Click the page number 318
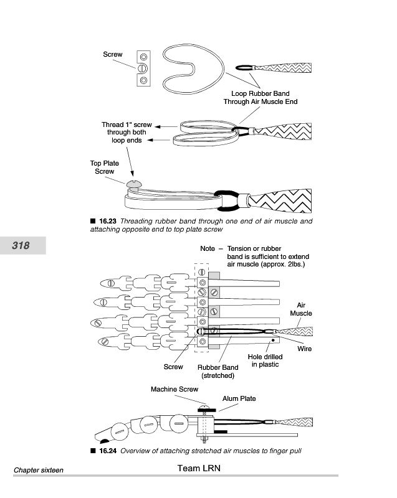click(21, 245)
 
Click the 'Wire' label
click(304, 349)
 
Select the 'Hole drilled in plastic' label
click(265, 360)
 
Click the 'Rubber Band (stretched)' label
click(218, 372)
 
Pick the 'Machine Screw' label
click(174, 390)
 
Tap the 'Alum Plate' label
click(239, 398)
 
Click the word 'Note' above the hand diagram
click(208, 248)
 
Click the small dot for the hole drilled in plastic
click(274, 340)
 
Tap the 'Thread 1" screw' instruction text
click(127, 125)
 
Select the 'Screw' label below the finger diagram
click(173, 367)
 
